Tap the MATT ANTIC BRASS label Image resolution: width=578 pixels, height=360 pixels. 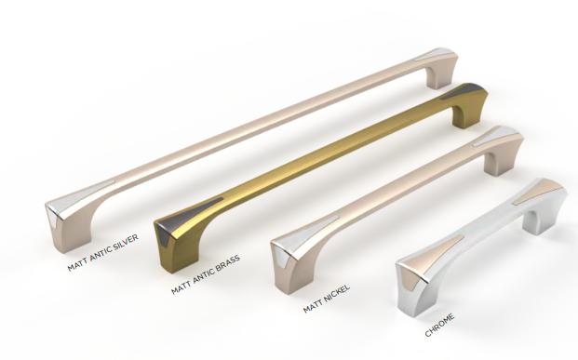pyautogui.click(x=206, y=273)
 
